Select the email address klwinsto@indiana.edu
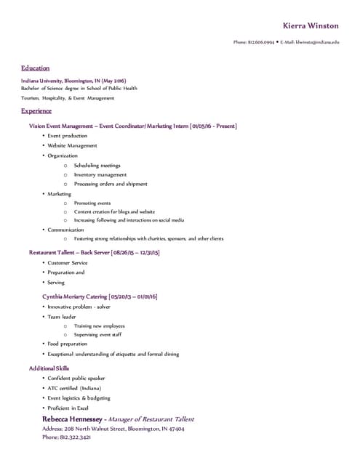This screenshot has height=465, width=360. [x=316, y=42]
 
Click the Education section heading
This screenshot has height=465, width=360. [x=35, y=68]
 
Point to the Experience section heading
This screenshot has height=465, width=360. [x=36, y=111]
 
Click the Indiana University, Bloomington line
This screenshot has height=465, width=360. [x=73, y=80]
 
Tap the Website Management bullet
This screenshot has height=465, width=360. [x=72, y=145]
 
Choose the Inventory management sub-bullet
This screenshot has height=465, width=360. [x=100, y=174]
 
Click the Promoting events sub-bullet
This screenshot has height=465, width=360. [x=92, y=203]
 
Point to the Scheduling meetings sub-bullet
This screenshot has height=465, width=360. [x=97, y=165]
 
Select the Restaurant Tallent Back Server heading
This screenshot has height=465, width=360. [x=94, y=252]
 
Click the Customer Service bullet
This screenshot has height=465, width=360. [x=68, y=262]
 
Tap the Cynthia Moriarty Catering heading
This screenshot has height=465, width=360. [x=100, y=296]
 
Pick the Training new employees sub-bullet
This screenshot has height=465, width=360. [x=99, y=325]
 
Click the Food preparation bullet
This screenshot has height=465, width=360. [x=68, y=344]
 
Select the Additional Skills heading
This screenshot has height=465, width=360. [x=49, y=368]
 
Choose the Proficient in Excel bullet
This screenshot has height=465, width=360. [x=72, y=408]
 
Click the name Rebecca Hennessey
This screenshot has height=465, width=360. [x=72, y=419]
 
